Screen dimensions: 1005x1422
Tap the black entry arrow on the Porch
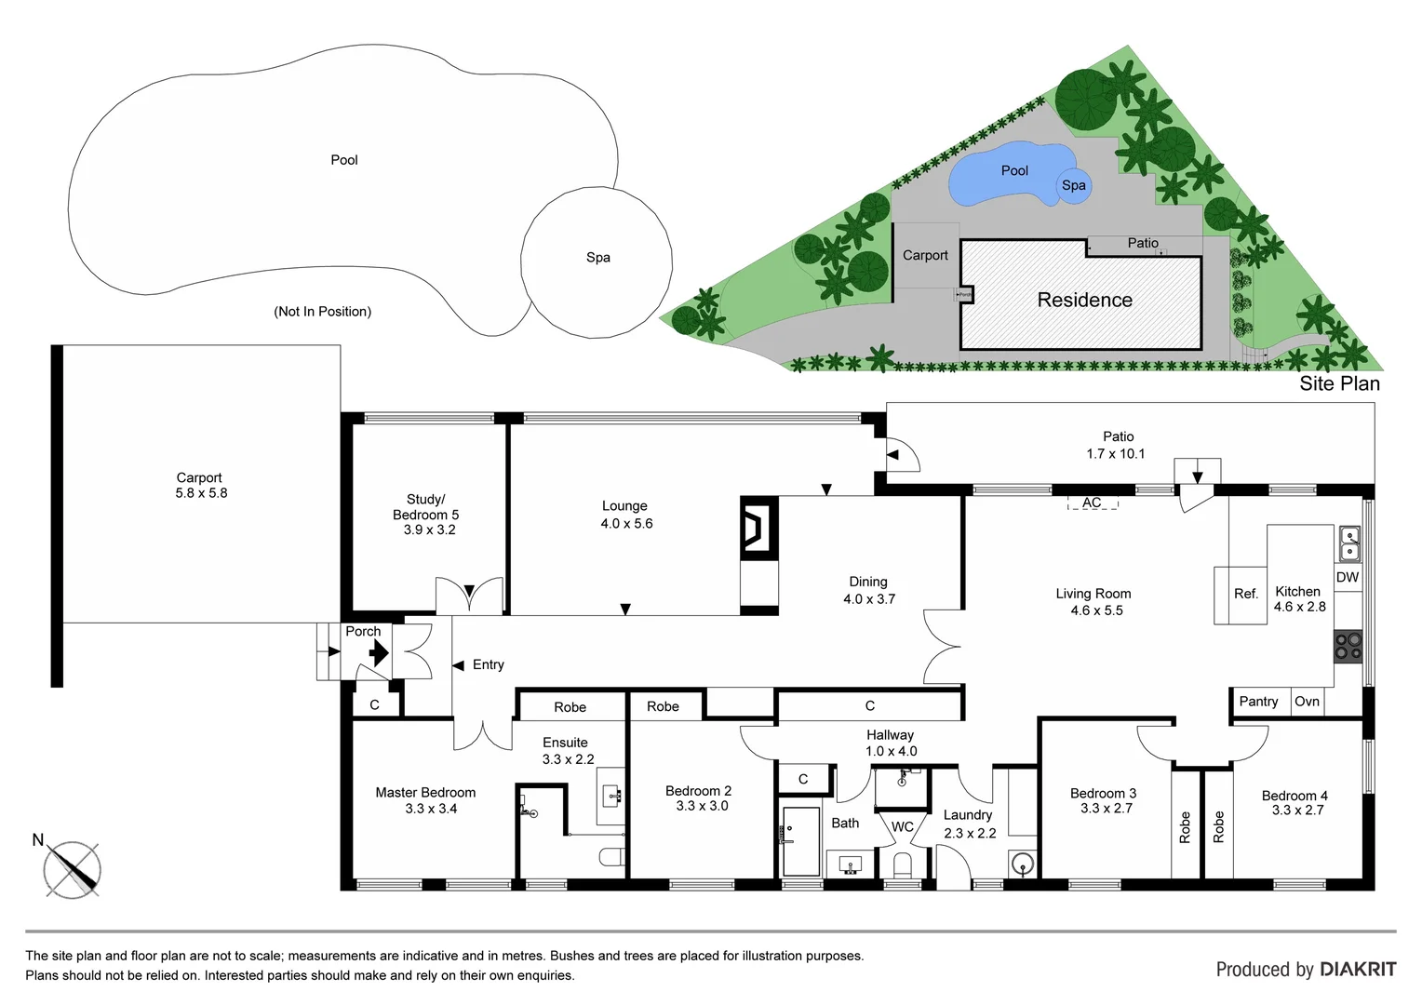tap(378, 654)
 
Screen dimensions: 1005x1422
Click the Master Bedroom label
tap(425, 793)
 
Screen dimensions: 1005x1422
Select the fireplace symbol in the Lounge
tap(758, 528)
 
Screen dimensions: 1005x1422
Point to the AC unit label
tap(1092, 503)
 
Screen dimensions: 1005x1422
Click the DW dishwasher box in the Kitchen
tap(1347, 577)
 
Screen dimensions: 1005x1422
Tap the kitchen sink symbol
tap(1348, 543)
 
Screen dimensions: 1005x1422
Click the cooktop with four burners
tap(1348, 646)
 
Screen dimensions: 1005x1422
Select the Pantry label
tap(1258, 702)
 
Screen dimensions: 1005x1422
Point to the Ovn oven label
tap(1307, 702)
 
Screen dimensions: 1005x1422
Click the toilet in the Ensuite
tap(613, 857)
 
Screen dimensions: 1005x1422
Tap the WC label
tap(902, 826)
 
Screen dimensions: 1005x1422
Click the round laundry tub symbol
tap(1022, 864)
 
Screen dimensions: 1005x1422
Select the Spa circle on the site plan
tap(1074, 185)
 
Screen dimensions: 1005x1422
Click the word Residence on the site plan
tap(1084, 300)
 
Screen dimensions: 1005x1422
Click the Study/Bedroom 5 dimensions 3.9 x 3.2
tap(429, 529)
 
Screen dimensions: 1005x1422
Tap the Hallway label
tap(890, 735)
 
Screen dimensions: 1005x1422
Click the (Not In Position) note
tap(322, 312)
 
